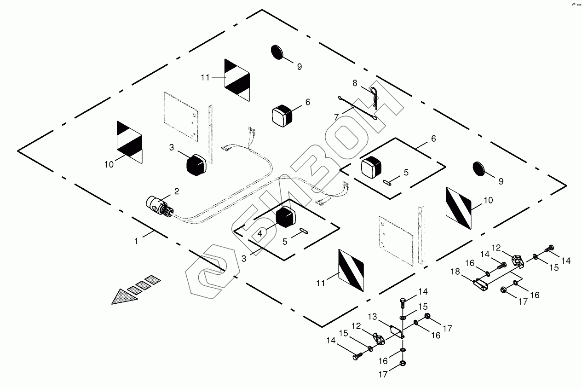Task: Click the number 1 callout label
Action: [x=136, y=241]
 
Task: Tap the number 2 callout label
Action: [x=176, y=191]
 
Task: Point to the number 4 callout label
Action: [x=260, y=233]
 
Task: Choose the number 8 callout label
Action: [x=355, y=83]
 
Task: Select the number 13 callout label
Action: [x=373, y=317]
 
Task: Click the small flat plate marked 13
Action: [x=396, y=331]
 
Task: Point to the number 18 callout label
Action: [x=455, y=272]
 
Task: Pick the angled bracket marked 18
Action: [x=480, y=282]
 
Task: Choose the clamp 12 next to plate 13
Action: [x=378, y=339]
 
